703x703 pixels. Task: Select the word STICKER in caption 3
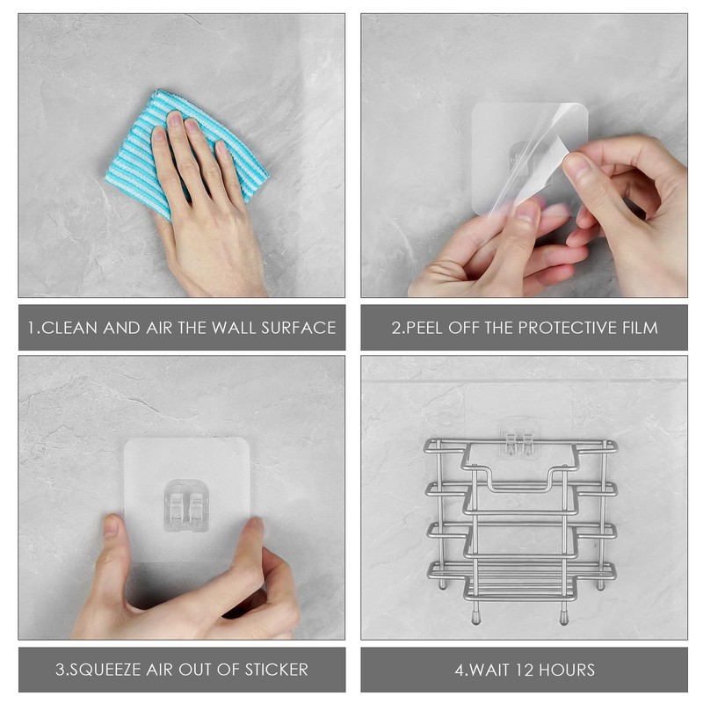tap(273, 670)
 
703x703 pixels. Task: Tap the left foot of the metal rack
tap(475, 615)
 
